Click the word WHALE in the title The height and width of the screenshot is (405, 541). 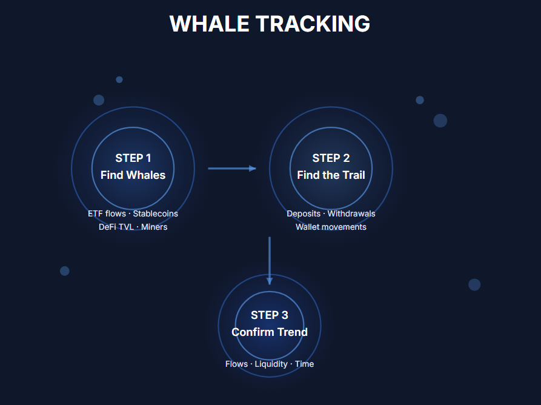click(x=210, y=24)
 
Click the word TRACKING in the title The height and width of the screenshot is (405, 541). click(x=313, y=24)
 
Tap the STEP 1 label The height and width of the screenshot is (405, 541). click(x=133, y=158)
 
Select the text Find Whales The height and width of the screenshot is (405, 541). click(x=133, y=175)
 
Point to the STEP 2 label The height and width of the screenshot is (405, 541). click(x=331, y=158)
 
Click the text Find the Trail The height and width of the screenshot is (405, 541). click(x=331, y=175)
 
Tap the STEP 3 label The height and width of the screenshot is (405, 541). click(x=270, y=315)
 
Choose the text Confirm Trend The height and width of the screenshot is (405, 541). click(x=270, y=332)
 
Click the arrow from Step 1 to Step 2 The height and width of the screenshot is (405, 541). click(x=232, y=169)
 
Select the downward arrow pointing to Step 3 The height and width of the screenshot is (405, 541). click(x=270, y=261)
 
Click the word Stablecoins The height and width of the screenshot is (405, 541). click(x=156, y=214)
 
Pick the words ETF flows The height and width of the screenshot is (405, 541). click(x=107, y=214)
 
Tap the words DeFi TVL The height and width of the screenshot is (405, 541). click(x=116, y=227)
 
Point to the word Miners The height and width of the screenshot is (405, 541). click(x=154, y=227)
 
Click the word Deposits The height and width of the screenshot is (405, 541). click(x=304, y=214)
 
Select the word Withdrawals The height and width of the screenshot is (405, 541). click(x=351, y=214)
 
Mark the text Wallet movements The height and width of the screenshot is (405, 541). click(x=331, y=227)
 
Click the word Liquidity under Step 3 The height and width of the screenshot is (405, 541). click(x=271, y=364)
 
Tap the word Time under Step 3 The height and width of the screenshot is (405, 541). click(x=304, y=364)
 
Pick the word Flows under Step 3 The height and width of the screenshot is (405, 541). click(x=236, y=364)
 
